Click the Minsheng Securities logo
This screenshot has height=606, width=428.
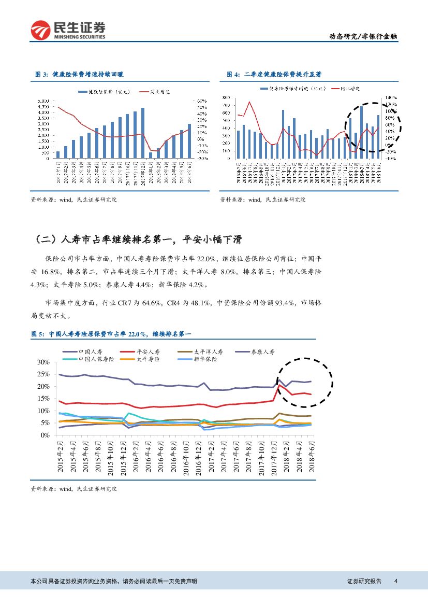pos(68,31)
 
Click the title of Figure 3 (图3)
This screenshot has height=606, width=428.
pos(80,75)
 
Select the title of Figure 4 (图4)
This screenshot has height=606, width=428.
pos(272,75)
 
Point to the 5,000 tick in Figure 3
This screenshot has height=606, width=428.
pos(43,100)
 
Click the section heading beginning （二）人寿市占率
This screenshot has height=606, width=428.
pos(137,239)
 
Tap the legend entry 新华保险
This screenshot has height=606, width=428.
pos(205,359)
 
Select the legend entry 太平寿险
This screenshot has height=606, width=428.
pos(148,359)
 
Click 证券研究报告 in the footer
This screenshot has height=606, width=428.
pos(364,582)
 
